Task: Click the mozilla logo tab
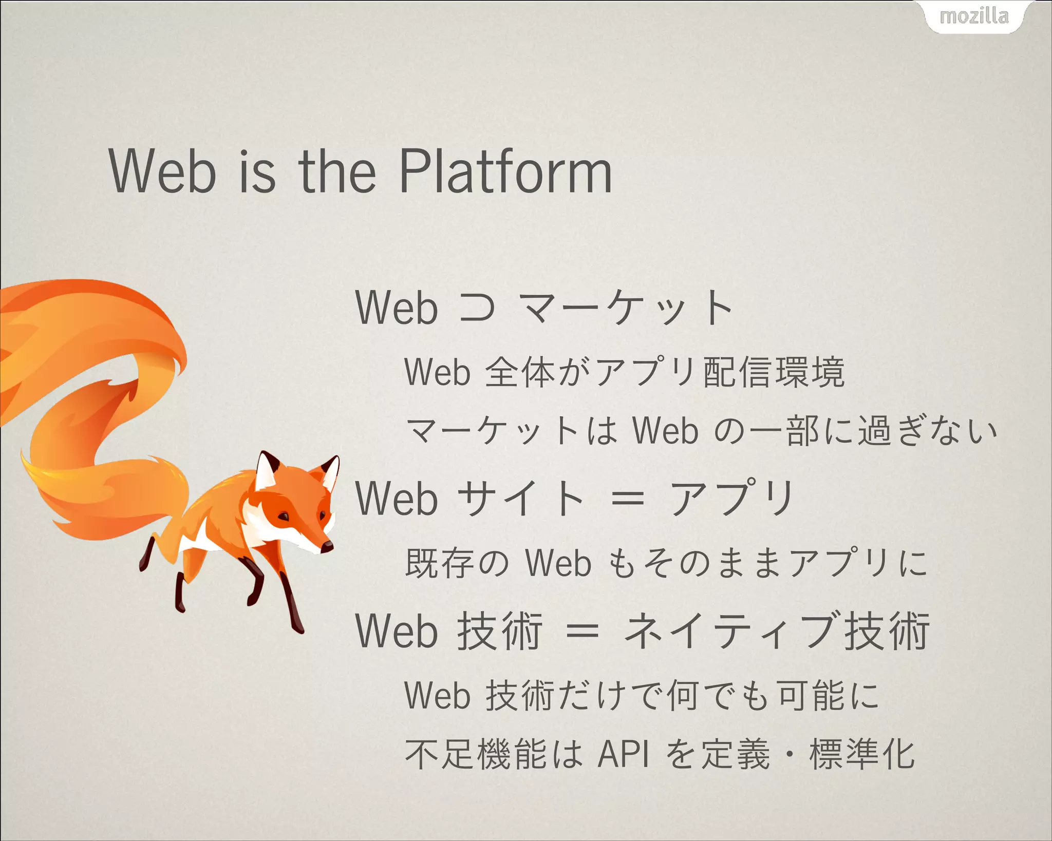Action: pyautogui.click(x=974, y=17)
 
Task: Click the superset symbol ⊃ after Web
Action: pyautogui.click(x=477, y=308)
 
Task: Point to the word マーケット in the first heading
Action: pyautogui.click(x=626, y=308)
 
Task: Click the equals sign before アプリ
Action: pyautogui.click(x=627, y=498)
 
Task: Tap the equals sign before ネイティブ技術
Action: pyautogui.click(x=582, y=632)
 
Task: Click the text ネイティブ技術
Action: pyautogui.click(x=776, y=632)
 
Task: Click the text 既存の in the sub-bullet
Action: pyautogui.click(x=457, y=563)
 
